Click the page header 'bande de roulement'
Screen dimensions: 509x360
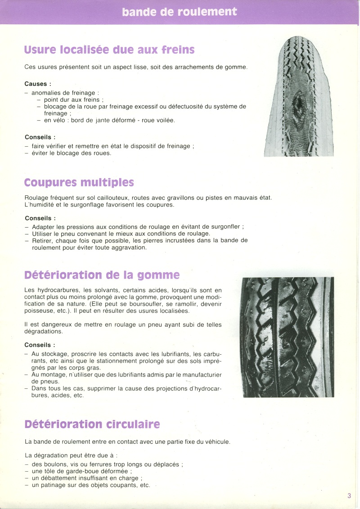pyautogui.click(x=179, y=12)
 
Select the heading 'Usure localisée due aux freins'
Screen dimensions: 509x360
pyautogui.click(x=109, y=50)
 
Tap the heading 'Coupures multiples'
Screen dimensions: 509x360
pyautogui.click(x=79, y=183)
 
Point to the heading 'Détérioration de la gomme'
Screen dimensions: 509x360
pyautogui.click(x=102, y=275)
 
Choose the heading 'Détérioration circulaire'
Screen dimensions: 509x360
pyautogui.click(x=92, y=424)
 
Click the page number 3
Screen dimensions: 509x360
pyautogui.click(x=349, y=496)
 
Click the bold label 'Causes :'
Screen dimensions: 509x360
pyautogui.click(x=38, y=84)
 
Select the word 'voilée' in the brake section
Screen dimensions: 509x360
pyautogui.click(x=165, y=120)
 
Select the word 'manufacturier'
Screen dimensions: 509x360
pyautogui.click(x=200, y=375)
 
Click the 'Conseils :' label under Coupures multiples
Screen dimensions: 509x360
pyautogui.click(x=40, y=218)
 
